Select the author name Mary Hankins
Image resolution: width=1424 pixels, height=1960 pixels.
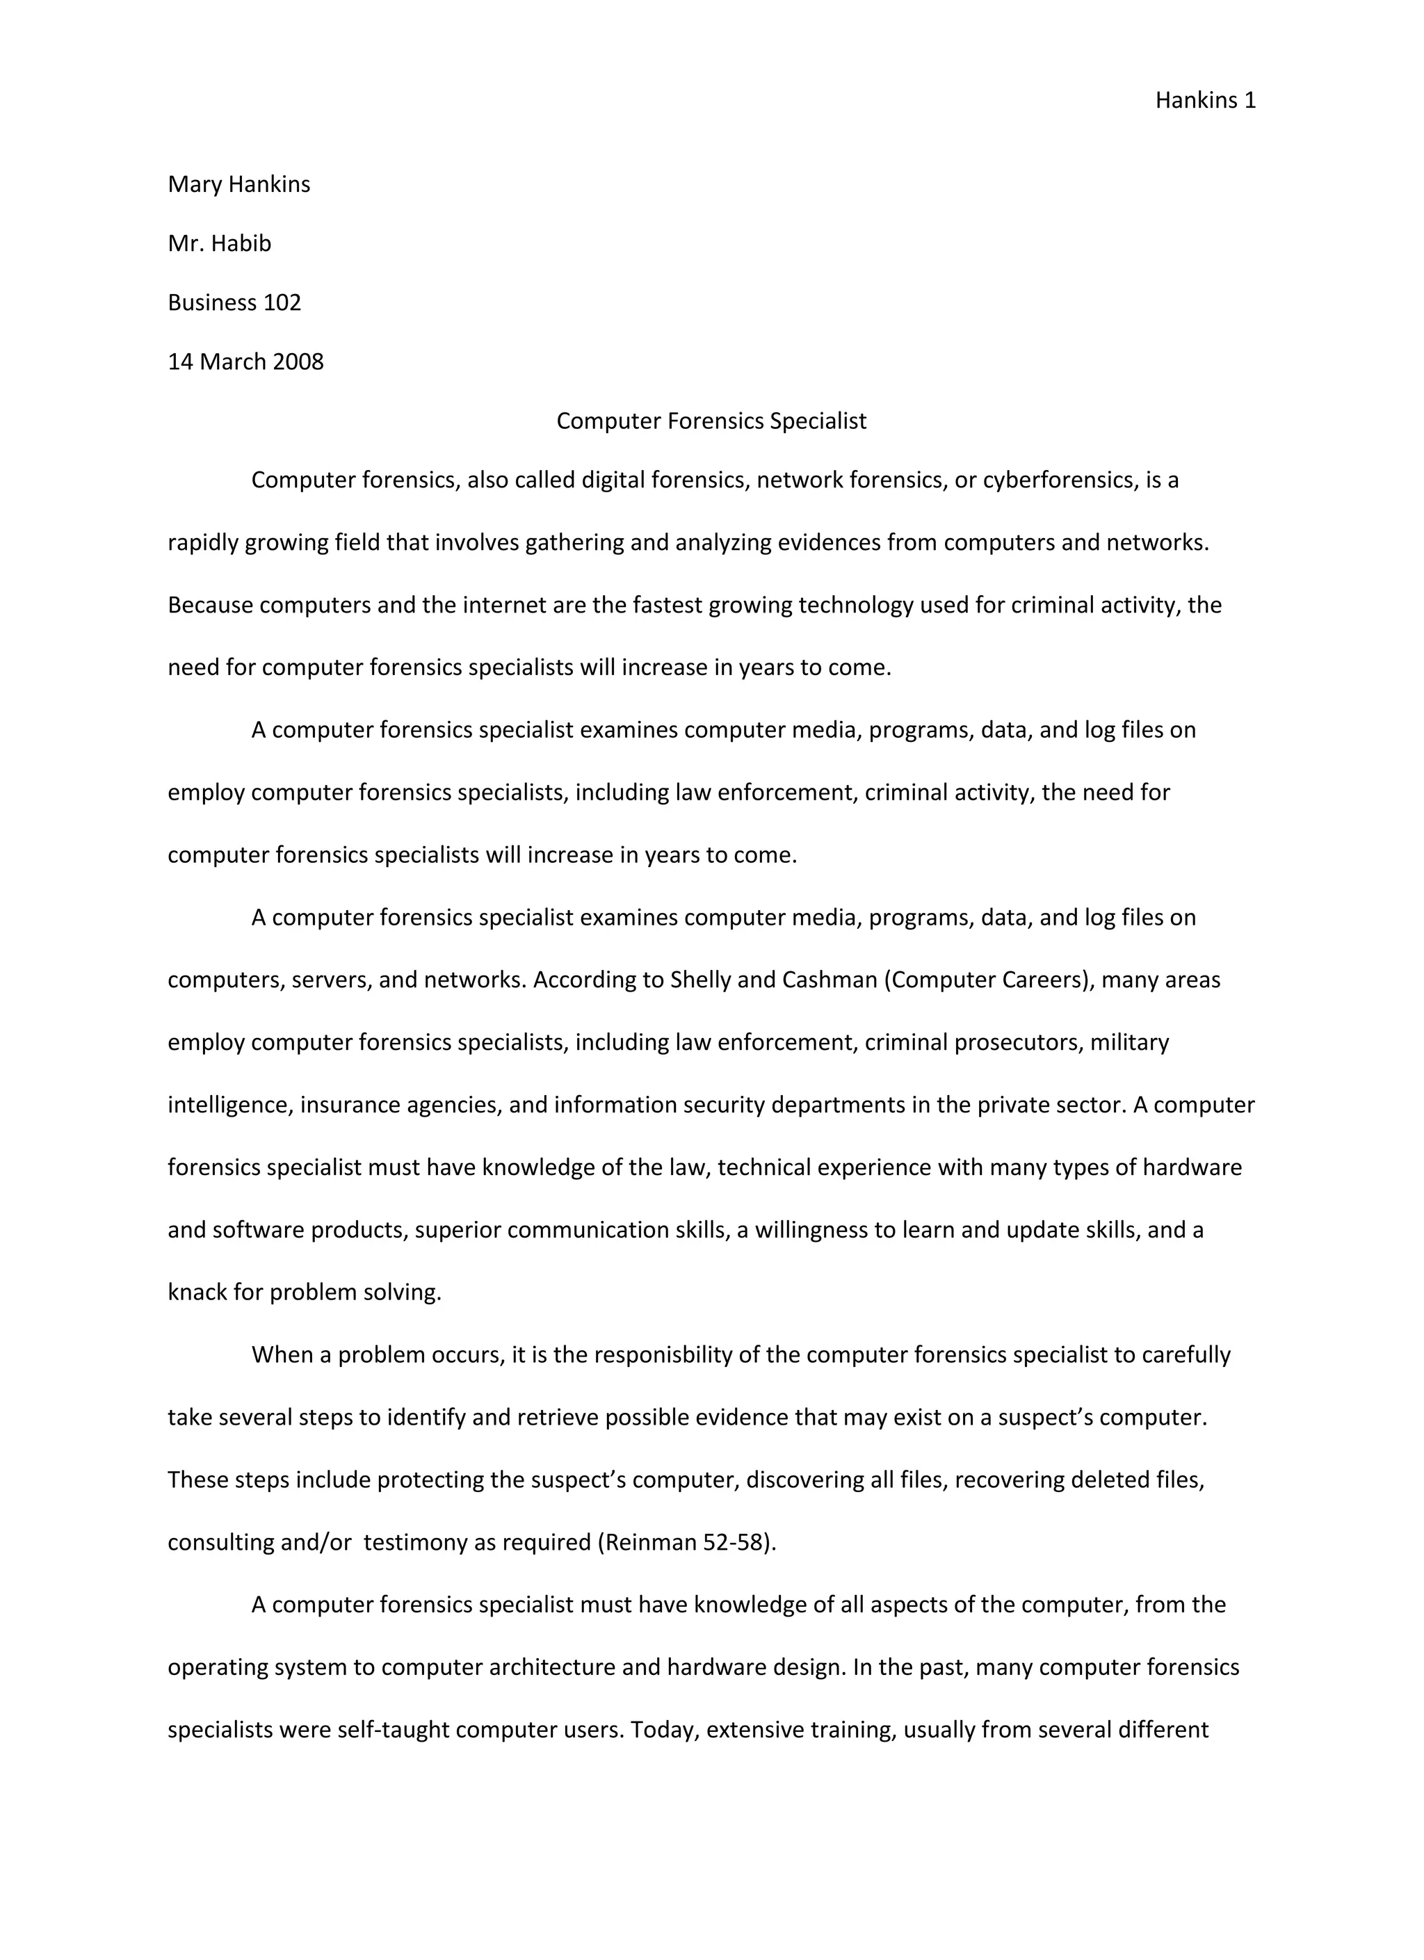pyautogui.click(x=238, y=185)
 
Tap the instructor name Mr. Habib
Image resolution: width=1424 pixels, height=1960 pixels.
pyautogui.click(x=220, y=244)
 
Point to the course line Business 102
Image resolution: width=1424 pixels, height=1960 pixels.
pyautogui.click(x=234, y=302)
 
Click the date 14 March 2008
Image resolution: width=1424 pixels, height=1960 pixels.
pyautogui.click(x=245, y=362)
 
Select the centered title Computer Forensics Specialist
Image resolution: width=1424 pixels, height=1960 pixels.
pyautogui.click(x=711, y=421)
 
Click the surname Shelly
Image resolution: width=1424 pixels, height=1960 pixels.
pyautogui.click(x=701, y=980)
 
